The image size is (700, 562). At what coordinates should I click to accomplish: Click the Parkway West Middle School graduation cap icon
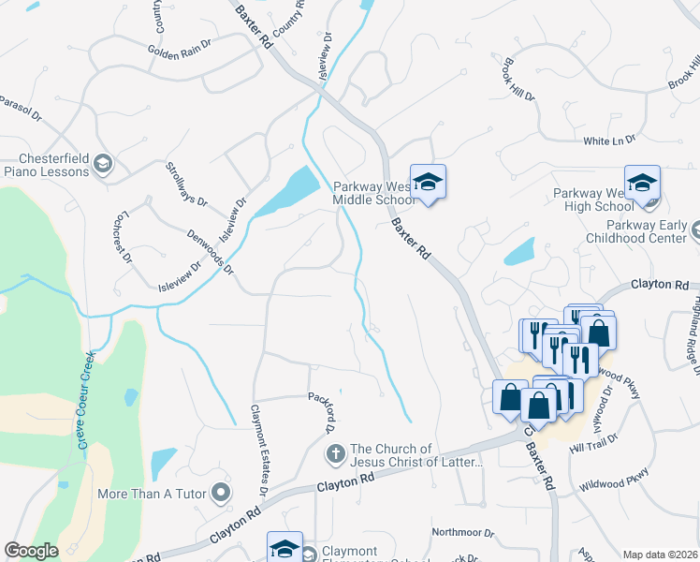point(428,180)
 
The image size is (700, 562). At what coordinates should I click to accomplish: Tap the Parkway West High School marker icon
point(643,181)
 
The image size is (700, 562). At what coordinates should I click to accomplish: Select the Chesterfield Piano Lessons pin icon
point(103,166)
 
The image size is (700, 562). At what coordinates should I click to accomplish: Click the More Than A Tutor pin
point(221,491)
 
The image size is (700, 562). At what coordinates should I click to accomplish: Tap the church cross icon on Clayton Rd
point(336,455)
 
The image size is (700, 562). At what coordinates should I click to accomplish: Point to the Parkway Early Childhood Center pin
point(695,228)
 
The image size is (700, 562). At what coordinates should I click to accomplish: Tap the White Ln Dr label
point(609,140)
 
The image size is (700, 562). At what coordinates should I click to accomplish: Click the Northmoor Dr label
point(462,532)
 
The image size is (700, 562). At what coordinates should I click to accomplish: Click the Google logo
point(31,551)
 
